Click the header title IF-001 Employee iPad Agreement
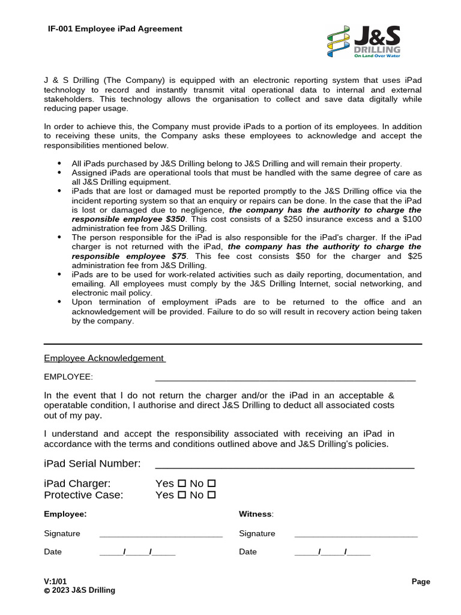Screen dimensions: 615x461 [115, 29]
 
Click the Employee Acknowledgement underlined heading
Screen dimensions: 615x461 [104, 358]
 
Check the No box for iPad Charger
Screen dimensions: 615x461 [211, 483]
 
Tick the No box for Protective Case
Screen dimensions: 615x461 [211, 495]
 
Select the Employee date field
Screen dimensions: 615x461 [137, 552]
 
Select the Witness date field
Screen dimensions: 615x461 [333, 552]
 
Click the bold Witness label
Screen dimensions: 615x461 [255, 514]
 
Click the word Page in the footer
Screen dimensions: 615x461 [421, 581]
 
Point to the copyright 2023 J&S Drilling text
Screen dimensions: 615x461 [79, 590]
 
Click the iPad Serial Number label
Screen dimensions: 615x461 [92, 464]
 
